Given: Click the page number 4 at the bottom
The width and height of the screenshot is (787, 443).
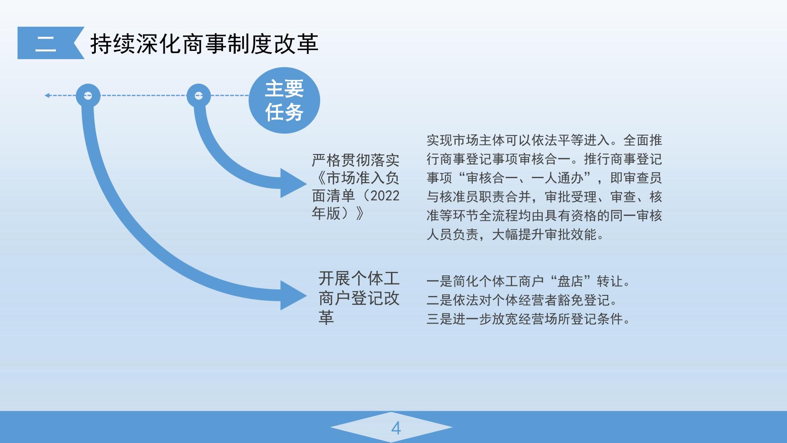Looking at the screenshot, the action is pos(396,428).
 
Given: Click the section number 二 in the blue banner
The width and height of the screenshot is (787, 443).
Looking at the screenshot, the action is pos(46,43).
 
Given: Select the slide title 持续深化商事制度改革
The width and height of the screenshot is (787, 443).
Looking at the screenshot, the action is pos(204,44).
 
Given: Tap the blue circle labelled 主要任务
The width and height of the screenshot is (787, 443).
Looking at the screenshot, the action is pos(284,100).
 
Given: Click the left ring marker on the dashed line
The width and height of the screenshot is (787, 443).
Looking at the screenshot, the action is pos(88,95).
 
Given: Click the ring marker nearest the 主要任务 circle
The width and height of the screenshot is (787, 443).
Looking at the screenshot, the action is pos(199,95).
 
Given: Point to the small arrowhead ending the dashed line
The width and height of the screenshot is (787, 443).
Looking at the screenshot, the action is pos(47,95).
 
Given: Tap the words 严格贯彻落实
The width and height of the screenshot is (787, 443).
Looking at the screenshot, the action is pos(356,160).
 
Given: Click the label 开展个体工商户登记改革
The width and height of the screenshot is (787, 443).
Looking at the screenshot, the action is pos(359,298).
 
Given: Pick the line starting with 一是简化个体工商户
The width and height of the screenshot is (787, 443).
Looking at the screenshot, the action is pos(529,281).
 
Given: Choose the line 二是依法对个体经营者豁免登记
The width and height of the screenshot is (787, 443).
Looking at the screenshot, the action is pos(522,300).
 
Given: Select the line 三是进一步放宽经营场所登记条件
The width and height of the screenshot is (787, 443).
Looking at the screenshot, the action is pos(529,319).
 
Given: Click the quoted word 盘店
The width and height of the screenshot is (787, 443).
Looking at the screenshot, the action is pos(570,281).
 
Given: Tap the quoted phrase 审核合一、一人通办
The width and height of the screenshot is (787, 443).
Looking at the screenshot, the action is pos(525,178).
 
